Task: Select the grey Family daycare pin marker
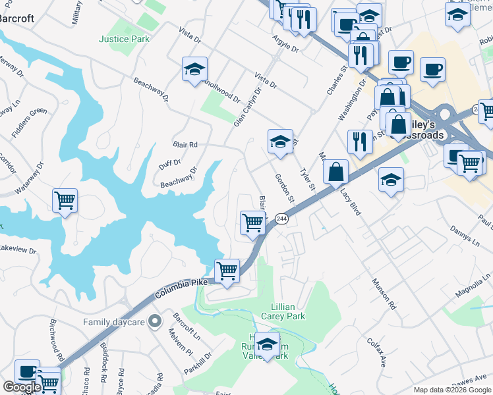pyautogui.click(x=155, y=322)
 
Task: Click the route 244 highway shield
pyautogui.click(x=282, y=219)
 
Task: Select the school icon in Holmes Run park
pyautogui.click(x=268, y=346)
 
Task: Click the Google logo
pyautogui.click(x=22, y=387)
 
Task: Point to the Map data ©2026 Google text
pyautogui.click(x=453, y=390)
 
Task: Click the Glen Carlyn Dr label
pyautogui.click(x=248, y=107)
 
